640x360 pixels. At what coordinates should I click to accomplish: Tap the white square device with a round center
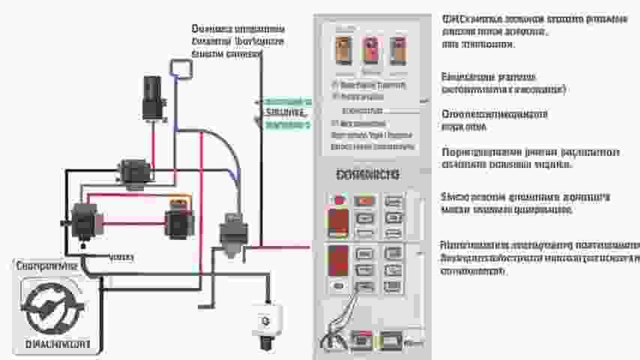point(266,319)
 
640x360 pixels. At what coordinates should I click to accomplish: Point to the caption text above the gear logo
point(46,266)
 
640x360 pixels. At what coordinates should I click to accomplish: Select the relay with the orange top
point(178,218)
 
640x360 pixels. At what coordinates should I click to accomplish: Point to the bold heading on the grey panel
point(368,175)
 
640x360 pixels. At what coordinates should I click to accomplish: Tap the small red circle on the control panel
point(339,201)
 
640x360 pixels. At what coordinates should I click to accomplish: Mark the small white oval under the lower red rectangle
point(339,286)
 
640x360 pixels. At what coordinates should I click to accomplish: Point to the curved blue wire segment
point(229,150)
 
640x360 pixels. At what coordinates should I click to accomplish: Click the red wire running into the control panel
point(285,246)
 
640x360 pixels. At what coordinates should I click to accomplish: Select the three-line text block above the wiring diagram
point(238,41)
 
